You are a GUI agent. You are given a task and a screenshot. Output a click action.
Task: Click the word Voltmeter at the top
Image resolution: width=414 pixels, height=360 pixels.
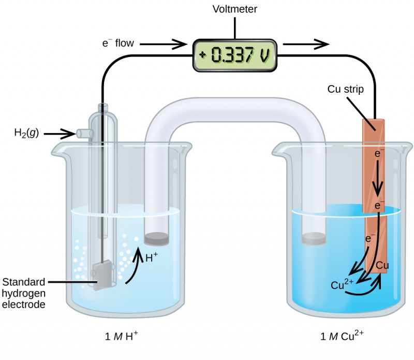pyautogui.click(x=234, y=9)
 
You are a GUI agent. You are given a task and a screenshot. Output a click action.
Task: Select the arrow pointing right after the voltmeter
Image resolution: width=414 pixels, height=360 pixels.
pyautogui.click(x=306, y=44)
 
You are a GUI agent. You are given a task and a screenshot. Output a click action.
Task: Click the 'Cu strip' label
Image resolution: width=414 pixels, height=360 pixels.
pyautogui.click(x=346, y=89)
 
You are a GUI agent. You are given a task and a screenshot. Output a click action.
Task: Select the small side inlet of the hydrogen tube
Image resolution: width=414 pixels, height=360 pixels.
pyautogui.click(x=84, y=133)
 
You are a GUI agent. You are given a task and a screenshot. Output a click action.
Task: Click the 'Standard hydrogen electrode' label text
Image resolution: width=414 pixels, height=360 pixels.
pyautogui.click(x=25, y=293)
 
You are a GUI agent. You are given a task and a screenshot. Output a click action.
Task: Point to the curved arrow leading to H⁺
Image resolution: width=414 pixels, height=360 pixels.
pyautogui.click(x=133, y=267)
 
